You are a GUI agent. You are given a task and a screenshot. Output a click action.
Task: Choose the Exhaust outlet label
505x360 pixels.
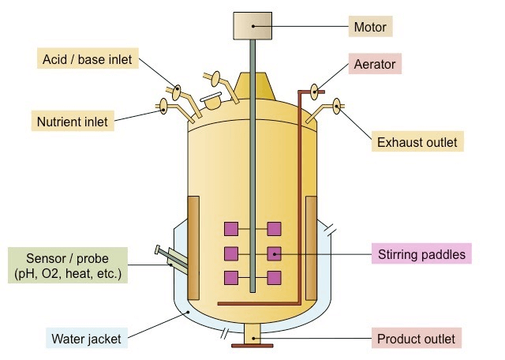point(416,142)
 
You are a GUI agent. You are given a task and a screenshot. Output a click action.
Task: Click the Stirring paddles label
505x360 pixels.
point(421,254)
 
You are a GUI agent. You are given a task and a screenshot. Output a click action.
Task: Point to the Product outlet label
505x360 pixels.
point(415,339)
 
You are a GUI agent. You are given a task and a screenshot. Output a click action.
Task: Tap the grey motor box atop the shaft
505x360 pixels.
point(252,26)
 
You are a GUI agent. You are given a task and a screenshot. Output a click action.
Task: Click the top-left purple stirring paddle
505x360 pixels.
point(231,230)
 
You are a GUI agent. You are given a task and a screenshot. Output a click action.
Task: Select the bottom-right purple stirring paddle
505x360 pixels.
point(274,278)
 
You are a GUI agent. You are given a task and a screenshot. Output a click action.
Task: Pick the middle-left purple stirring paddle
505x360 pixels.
point(231,254)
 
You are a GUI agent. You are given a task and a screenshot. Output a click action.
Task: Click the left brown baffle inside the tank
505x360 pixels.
point(193,229)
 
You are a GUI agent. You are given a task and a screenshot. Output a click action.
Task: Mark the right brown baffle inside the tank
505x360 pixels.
point(311,229)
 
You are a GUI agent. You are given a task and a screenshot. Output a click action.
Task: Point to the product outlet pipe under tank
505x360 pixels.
point(252,336)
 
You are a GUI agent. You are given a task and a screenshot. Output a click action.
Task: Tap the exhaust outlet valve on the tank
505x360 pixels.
point(336,104)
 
